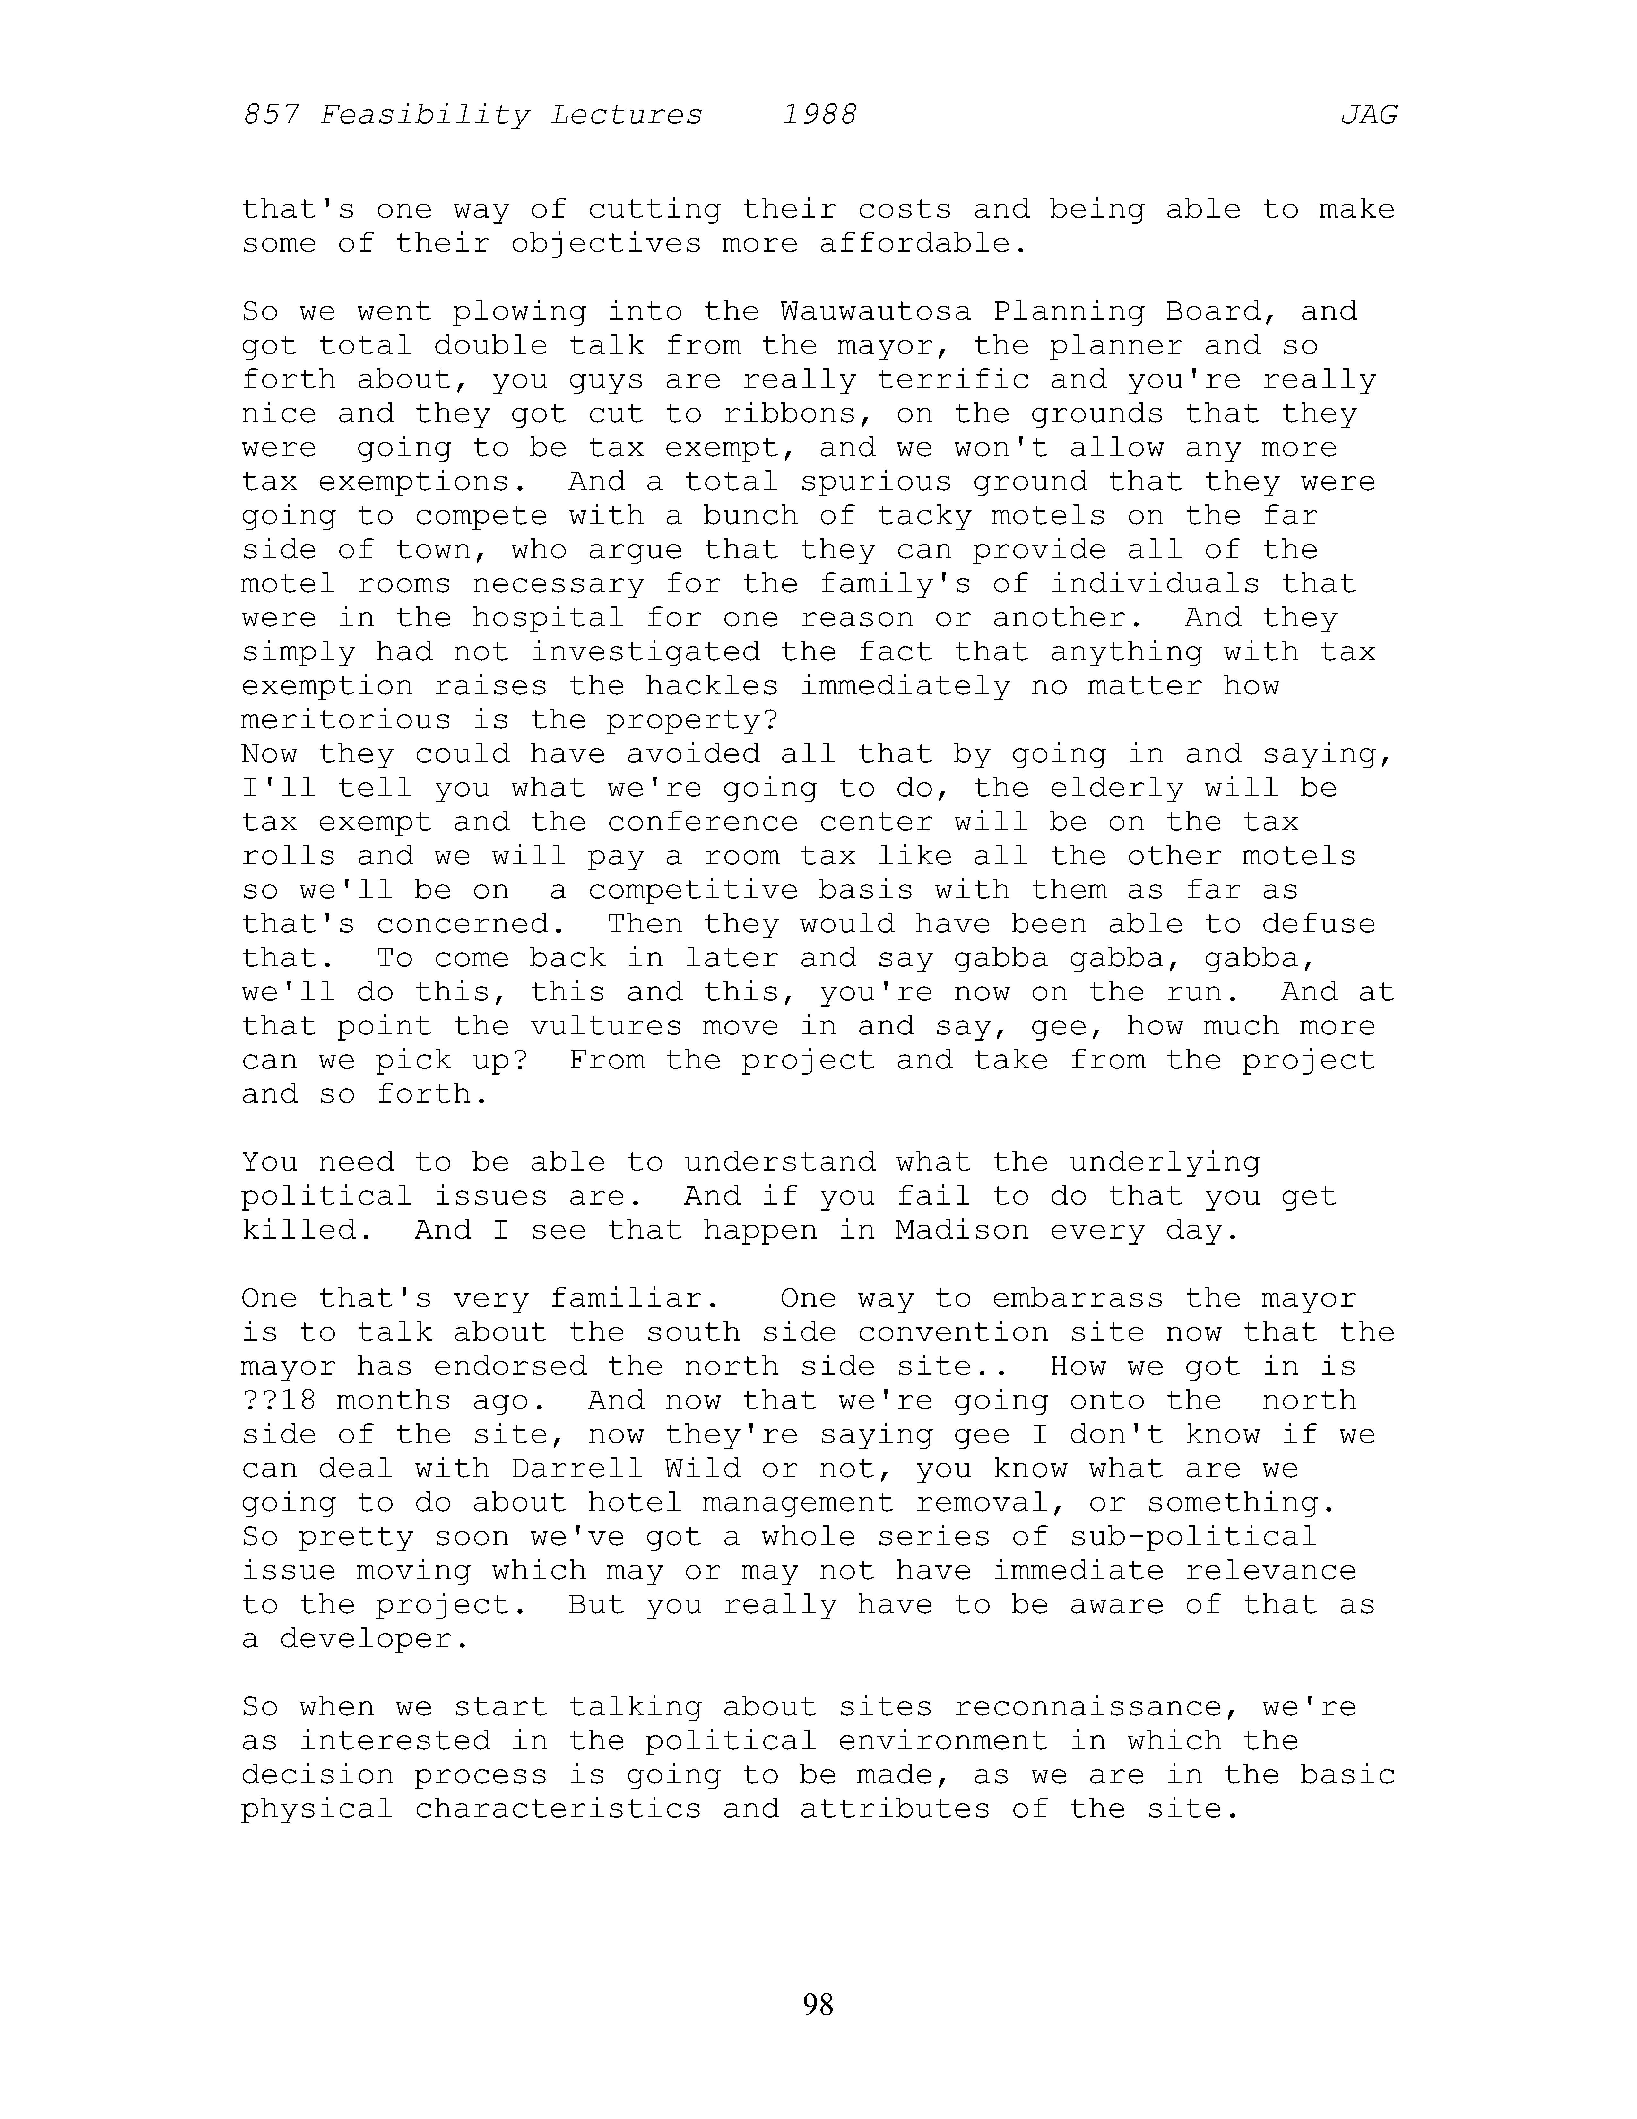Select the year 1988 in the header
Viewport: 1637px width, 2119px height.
pos(819,116)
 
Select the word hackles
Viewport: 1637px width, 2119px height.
pos(722,686)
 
